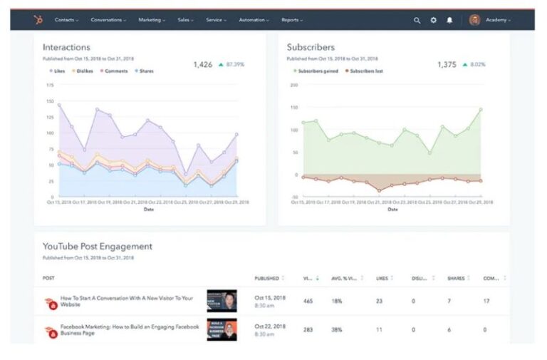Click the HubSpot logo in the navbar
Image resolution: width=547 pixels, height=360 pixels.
[38, 20]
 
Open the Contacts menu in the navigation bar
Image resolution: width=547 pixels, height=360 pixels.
[67, 20]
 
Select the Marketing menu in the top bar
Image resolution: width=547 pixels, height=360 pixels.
[150, 20]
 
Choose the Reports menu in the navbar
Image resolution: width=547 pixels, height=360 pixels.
[291, 20]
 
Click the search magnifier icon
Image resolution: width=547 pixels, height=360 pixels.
[417, 20]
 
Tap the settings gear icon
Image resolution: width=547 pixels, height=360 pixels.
[433, 20]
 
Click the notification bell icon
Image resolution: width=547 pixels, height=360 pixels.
[449, 20]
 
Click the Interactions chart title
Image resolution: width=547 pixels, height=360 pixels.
[66, 47]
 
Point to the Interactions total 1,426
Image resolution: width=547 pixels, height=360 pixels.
[203, 64]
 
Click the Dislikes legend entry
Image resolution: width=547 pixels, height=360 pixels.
[83, 71]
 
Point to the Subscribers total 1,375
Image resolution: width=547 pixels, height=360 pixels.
[447, 64]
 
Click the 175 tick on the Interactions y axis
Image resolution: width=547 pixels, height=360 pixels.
[49, 85]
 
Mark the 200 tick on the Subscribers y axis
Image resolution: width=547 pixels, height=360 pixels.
[293, 85]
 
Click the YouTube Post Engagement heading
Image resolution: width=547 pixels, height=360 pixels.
[97, 246]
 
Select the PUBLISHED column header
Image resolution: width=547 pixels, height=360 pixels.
[267, 278]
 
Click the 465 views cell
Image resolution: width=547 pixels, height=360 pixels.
[308, 301]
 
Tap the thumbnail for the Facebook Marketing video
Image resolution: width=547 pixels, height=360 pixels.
[222, 330]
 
